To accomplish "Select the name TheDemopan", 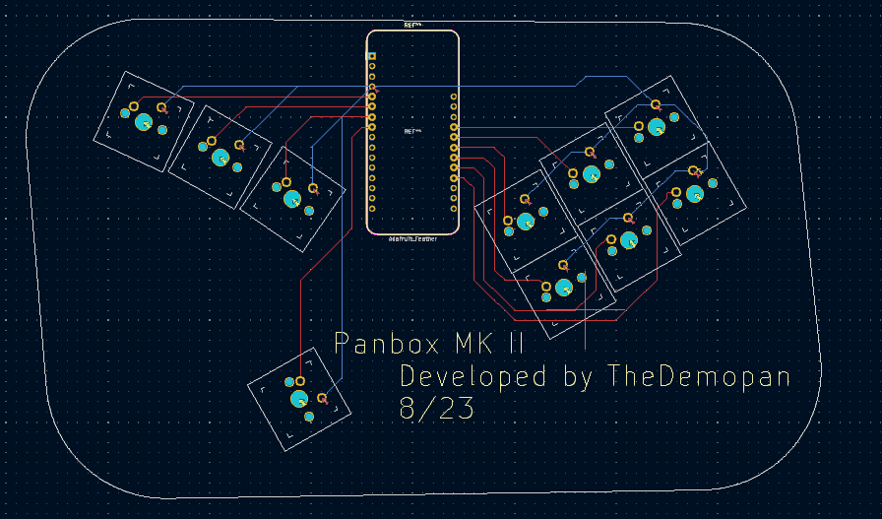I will (700, 376).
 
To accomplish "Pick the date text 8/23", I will (437, 409).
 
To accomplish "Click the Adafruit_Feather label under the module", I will (413, 238).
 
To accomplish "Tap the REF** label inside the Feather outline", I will (412, 130).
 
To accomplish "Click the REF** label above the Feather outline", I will (412, 25).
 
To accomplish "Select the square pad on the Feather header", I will (371, 56).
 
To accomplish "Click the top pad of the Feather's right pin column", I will (454, 97).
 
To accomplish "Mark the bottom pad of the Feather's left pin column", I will (371, 208).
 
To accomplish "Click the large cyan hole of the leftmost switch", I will (143, 122).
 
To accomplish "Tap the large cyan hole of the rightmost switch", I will (695, 194).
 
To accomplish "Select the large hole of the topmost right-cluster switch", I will (656, 126).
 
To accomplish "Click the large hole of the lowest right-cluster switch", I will (563, 287).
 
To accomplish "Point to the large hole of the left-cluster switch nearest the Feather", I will (292, 198).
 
